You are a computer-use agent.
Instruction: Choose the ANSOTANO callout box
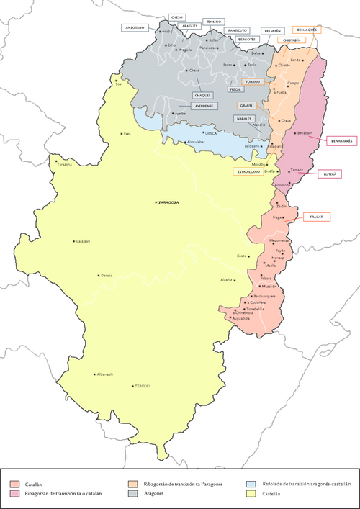coord(135,27)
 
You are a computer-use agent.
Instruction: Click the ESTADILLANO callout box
coord(246,172)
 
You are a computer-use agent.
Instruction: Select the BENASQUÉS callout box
coord(306,30)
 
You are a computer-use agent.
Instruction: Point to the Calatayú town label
coord(84,241)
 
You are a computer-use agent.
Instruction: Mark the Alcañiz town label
coord(225,280)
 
